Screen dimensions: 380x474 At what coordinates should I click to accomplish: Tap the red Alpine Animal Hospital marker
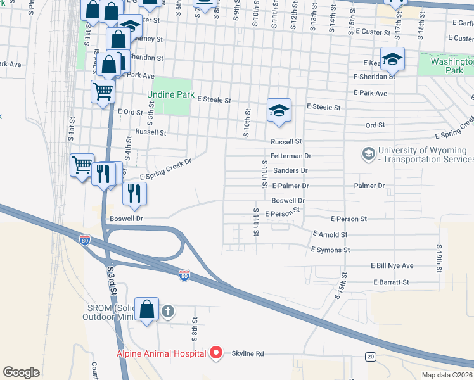click(217, 353)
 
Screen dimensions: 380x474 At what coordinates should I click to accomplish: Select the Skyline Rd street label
click(247, 353)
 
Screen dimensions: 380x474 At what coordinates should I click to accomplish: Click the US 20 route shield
click(370, 357)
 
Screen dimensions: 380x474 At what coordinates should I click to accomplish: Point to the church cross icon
click(167, 311)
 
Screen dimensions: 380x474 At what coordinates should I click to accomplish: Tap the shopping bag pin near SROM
click(146, 310)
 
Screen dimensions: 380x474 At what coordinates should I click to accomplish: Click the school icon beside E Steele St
click(278, 110)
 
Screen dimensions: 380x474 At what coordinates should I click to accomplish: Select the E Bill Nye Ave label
click(392, 266)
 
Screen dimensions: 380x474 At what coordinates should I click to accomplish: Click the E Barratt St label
click(391, 282)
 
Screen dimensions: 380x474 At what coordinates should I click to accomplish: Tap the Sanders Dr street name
click(290, 170)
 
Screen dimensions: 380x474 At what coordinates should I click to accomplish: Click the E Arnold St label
click(330, 234)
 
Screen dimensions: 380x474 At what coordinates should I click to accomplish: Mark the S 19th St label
click(439, 259)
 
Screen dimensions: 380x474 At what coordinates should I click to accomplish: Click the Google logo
click(22, 372)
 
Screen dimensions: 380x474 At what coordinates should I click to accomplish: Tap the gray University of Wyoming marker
click(368, 154)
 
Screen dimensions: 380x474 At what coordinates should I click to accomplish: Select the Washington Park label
click(452, 66)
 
